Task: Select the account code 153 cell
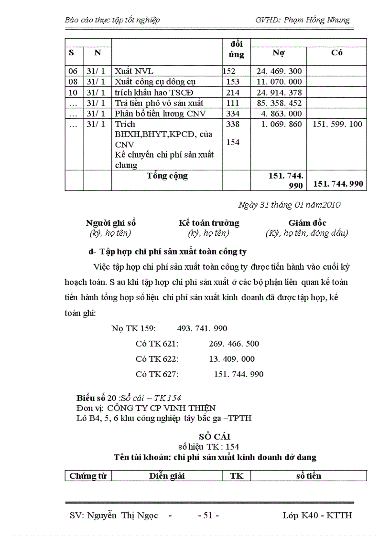(x=233, y=82)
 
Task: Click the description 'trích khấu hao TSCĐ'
(x=154, y=93)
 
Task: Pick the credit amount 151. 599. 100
(x=337, y=124)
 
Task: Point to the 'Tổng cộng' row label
(x=167, y=176)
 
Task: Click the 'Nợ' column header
(x=279, y=53)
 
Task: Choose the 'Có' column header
(x=336, y=53)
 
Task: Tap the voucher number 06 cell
(x=73, y=72)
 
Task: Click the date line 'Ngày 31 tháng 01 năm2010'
(x=289, y=205)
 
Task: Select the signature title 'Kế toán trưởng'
(x=209, y=223)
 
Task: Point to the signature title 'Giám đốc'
(x=307, y=223)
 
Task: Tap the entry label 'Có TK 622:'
(x=157, y=359)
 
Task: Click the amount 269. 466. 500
(x=234, y=344)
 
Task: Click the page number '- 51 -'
(x=208, y=516)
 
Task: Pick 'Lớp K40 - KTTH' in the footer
(x=317, y=516)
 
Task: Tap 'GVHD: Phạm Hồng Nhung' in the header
(x=303, y=20)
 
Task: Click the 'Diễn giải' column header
(x=167, y=476)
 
